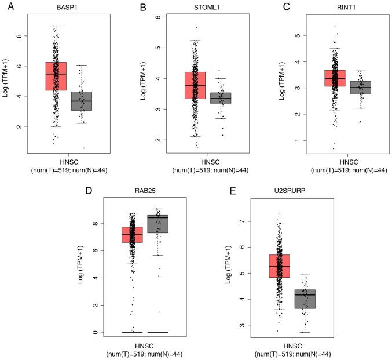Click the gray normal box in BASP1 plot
(82, 101)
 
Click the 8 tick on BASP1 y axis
(21, 36)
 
